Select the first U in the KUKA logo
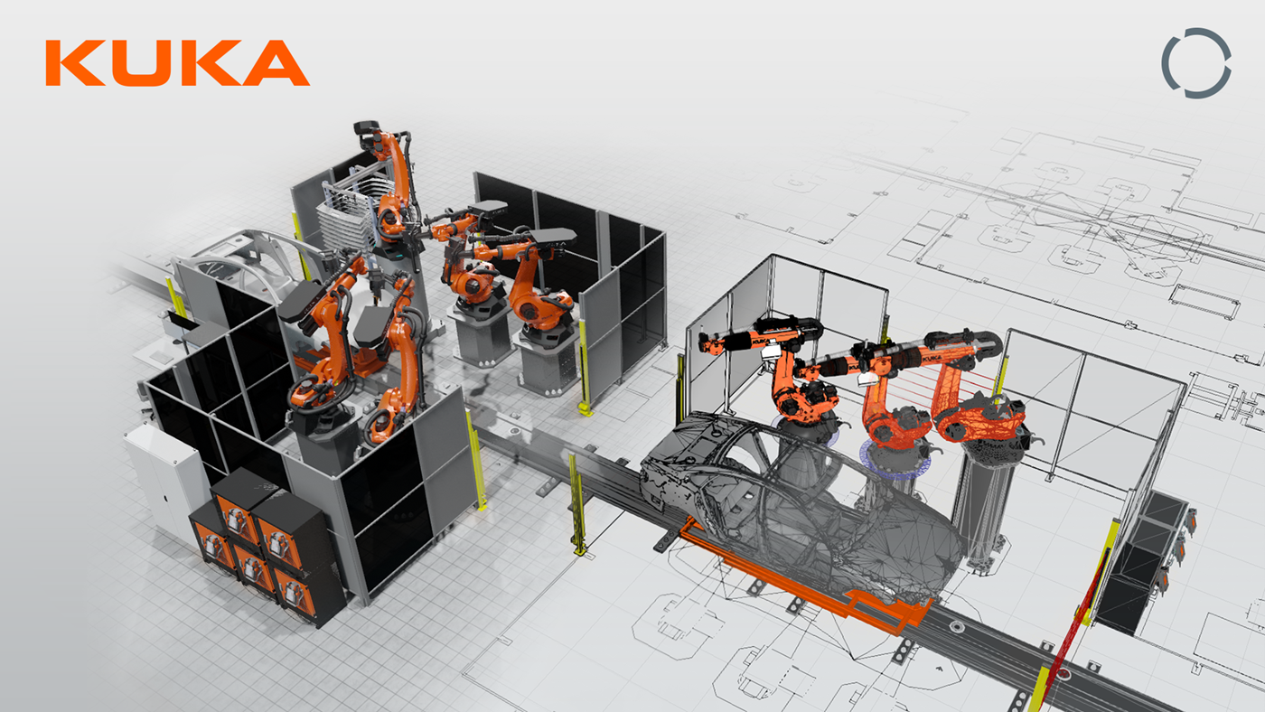pyautogui.click(x=143, y=62)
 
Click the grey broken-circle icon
pyautogui.click(x=1196, y=62)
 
